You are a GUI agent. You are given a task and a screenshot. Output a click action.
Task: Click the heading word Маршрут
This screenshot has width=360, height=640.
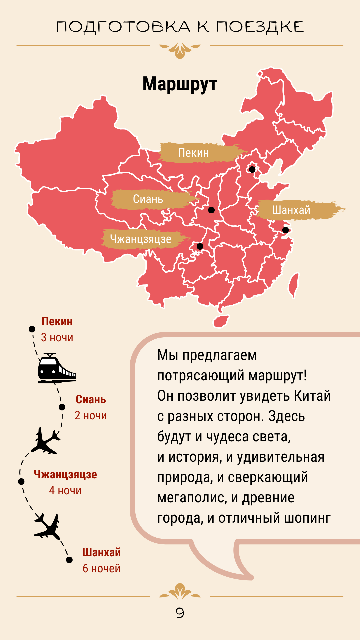180,84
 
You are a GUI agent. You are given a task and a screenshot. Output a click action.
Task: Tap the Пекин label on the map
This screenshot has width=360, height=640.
193,153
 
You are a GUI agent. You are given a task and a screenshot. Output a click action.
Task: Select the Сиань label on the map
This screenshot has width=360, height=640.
148,199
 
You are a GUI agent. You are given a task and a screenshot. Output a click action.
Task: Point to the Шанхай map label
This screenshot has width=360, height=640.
291,210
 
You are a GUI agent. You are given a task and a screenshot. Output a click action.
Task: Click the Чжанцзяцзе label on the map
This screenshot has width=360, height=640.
141,239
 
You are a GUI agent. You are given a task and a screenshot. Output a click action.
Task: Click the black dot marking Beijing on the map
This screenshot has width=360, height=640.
252,169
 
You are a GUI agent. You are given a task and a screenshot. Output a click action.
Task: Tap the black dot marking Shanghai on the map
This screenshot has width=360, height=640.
285,230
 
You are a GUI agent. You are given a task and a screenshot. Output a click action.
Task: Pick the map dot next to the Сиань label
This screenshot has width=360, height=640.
211,210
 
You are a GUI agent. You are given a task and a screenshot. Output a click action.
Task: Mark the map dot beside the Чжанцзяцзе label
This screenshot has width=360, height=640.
200,246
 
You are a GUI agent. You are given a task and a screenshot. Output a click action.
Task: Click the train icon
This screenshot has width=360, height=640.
56,368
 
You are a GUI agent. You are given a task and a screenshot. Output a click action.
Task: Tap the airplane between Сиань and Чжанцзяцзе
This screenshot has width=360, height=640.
46,441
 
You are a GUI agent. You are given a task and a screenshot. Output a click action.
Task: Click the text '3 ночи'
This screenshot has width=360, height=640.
57,337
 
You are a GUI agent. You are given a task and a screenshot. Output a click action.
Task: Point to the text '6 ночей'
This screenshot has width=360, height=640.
101,568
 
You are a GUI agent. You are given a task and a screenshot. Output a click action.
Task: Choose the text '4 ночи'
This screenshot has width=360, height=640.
65,490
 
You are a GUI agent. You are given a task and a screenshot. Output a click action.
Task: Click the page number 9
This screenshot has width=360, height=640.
180,613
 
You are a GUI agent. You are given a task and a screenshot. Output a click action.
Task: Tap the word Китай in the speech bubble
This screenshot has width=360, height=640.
312,396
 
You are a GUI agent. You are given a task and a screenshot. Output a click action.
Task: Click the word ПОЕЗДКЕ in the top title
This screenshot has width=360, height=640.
260,27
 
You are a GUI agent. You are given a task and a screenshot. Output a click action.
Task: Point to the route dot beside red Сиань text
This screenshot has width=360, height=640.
62,407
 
